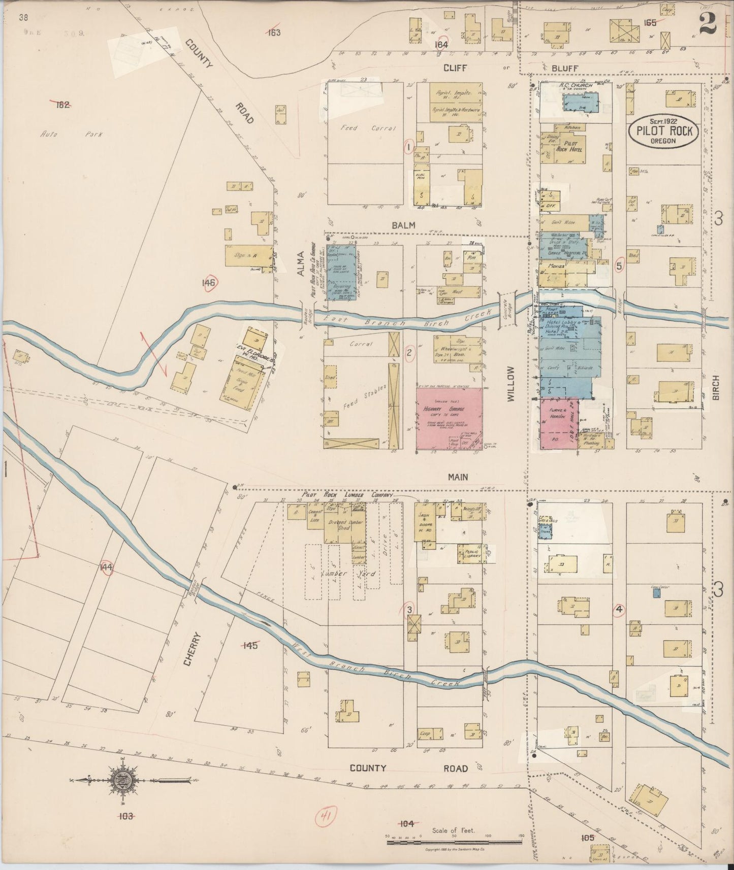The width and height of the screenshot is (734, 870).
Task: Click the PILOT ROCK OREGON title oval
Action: (x=663, y=131)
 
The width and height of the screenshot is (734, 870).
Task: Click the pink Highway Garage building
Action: (x=450, y=419)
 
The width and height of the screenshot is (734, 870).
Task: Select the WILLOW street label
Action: (x=511, y=384)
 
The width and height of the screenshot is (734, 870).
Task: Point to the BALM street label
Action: (x=403, y=224)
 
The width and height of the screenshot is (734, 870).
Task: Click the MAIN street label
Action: (x=457, y=477)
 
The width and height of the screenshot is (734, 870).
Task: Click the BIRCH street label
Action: (x=716, y=388)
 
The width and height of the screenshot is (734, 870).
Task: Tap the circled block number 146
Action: (x=208, y=283)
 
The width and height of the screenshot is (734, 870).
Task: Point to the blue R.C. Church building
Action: (x=581, y=101)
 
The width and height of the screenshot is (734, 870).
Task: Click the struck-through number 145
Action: (x=250, y=646)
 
